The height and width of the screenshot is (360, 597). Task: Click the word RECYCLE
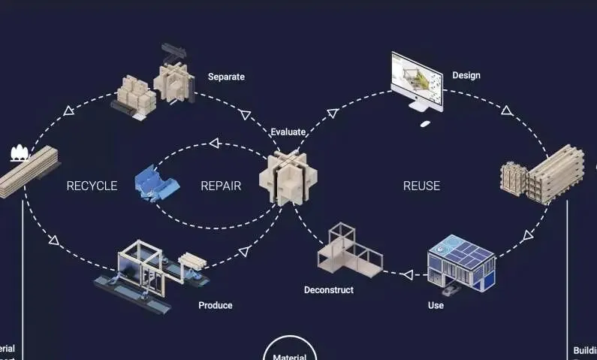pos(92,186)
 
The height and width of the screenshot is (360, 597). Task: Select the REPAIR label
pos(221,186)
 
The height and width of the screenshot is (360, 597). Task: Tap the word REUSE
pos(421,186)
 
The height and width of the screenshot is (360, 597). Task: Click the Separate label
pos(226,77)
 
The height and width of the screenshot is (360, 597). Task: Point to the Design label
pos(466,75)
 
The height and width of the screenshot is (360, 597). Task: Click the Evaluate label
pos(288,132)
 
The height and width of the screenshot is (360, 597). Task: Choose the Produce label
pos(216,305)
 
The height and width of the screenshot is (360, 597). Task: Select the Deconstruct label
pos(328,289)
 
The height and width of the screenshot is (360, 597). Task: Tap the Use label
pos(436,305)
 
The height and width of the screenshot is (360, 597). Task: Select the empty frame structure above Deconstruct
pos(348,249)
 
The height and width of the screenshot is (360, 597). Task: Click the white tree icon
pos(19,154)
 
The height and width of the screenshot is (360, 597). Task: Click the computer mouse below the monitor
pos(425,123)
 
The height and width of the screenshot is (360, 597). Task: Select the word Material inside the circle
pos(289,356)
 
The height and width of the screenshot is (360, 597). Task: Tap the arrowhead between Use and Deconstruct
pos(407,274)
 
